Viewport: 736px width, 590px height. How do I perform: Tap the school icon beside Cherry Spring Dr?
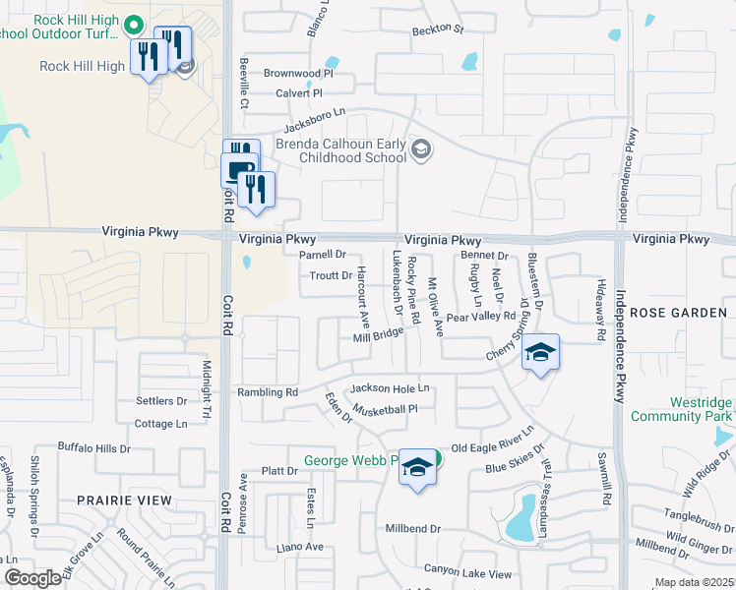540,353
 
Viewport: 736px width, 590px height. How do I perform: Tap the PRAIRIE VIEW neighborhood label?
125,501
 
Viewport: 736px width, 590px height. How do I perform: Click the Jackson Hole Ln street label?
391,388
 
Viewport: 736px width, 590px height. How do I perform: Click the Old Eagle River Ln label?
491,441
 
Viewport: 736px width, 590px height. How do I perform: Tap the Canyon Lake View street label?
467,572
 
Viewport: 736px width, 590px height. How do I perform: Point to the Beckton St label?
438,29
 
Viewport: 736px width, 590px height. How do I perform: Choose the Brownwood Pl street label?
298,73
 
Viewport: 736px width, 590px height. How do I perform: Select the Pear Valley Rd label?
480,318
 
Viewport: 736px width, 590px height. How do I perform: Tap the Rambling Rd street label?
268,391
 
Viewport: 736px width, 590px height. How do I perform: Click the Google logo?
32,578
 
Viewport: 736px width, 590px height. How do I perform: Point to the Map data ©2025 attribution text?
693,582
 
